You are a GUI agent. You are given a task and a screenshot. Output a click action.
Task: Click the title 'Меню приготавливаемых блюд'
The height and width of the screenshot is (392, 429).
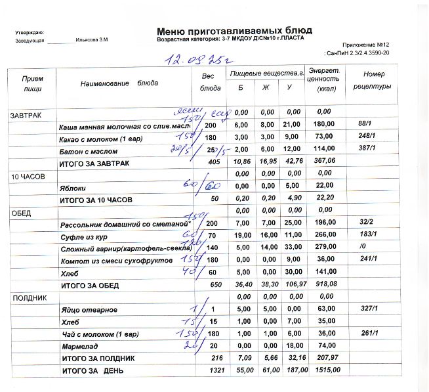tap(234, 30)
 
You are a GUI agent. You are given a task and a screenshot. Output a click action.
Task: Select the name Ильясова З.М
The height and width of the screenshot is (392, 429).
tap(92, 41)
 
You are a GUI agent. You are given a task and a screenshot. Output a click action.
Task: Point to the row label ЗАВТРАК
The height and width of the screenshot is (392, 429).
tap(26, 116)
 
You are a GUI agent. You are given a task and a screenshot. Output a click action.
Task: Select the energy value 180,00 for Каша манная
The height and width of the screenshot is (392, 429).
tap(324, 125)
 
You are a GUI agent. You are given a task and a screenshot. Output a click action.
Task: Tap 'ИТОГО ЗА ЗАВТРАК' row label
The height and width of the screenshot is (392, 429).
tap(95, 163)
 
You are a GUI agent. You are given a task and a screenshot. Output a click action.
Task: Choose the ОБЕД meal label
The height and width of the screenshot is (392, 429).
tap(21, 213)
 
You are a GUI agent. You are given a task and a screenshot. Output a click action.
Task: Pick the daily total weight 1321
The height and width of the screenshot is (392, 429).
tap(210, 371)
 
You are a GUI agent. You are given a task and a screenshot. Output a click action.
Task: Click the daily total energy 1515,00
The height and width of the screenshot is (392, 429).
tap(325, 371)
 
